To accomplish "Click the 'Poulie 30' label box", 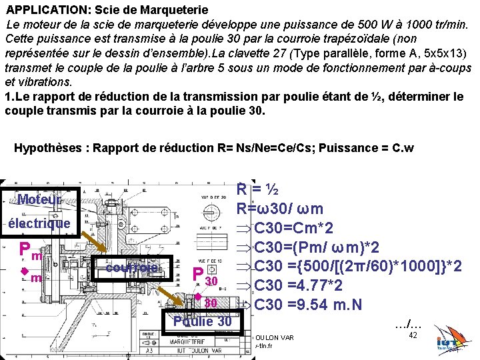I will pos(202,321).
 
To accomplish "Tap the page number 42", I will pos(413,335).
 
